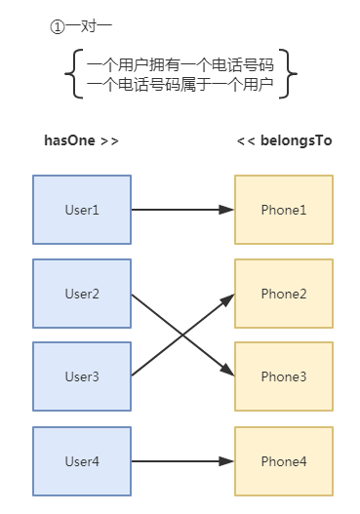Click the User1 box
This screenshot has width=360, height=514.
tap(82, 210)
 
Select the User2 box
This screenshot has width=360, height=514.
tap(82, 294)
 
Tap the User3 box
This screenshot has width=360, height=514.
tap(82, 376)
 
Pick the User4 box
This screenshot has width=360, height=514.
tap(82, 460)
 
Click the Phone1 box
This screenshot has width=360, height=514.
tap(284, 210)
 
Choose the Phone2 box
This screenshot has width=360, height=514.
tap(284, 294)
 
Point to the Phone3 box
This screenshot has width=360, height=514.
tap(284, 376)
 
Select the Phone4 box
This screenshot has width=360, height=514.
tap(284, 460)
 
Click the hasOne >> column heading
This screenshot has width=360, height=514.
tap(82, 140)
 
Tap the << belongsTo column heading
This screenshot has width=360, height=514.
tap(284, 140)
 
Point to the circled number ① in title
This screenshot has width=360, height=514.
tap(57, 27)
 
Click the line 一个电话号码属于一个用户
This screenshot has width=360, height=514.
tap(180, 86)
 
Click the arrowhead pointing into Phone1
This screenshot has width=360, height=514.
tap(227, 210)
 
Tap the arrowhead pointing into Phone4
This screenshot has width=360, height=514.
tap(227, 460)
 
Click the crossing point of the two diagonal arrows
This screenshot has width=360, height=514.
tap(183, 335)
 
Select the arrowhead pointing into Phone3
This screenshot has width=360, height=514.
tap(227, 371)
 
